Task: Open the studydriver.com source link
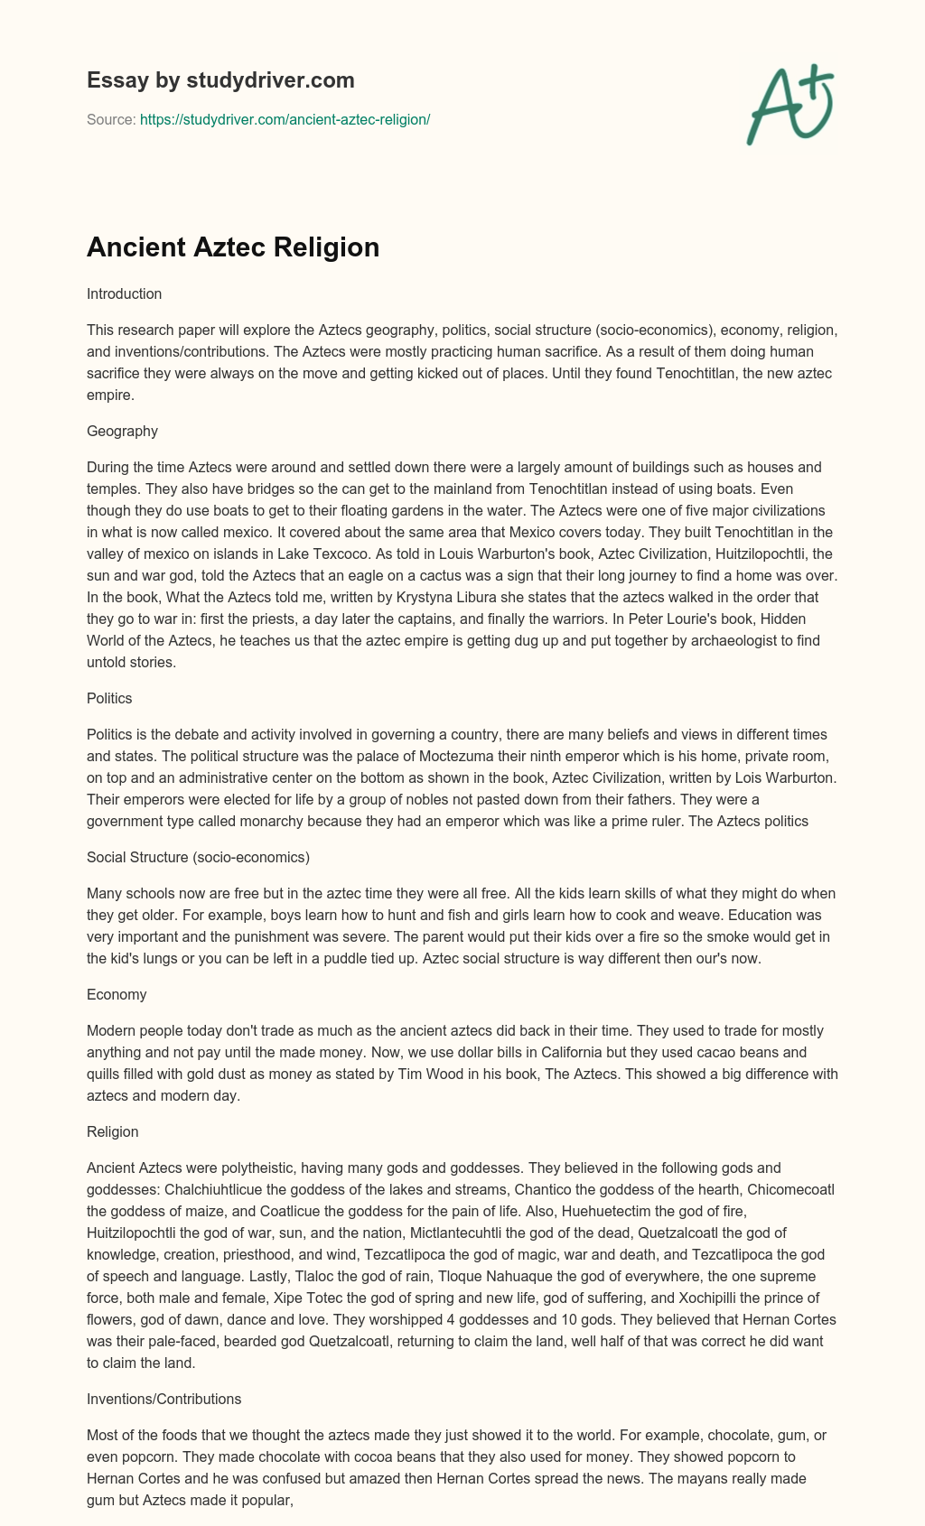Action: click(x=285, y=119)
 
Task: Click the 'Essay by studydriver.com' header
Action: click(x=220, y=80)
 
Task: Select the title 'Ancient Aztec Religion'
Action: click(x=233, y=247)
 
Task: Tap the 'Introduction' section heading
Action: click(x=124, y=293)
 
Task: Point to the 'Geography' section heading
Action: click(x=122, y=431)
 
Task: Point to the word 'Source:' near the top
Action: click(x=111, y=119)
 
